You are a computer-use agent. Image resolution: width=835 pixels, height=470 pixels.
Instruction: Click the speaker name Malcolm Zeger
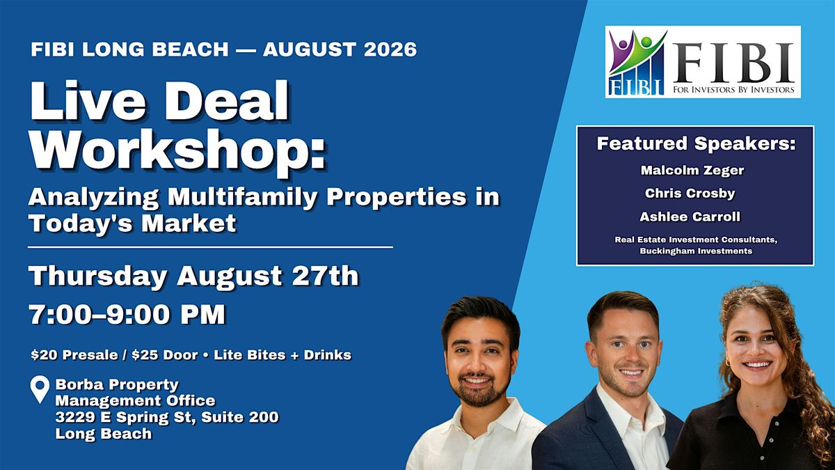click(x=692, y=171)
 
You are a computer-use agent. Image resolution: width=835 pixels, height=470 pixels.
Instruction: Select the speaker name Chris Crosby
click(x=690, y=194)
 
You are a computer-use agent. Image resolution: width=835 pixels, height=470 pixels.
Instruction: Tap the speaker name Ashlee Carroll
click(x=690, y=217)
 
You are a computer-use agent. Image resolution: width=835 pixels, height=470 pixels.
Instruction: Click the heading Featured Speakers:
click(x=696, y=143)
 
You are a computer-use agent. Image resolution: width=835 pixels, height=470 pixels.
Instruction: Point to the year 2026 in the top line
click(x=390, y=49)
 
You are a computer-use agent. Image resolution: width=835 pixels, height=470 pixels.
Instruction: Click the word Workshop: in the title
click(x=178, y=150)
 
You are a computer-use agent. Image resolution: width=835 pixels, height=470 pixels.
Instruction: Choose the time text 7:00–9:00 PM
click(x=127, y=315)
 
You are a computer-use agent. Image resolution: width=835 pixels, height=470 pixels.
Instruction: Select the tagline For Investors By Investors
click(x=733, y=90)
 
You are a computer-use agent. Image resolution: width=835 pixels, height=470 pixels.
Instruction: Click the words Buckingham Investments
click(x=696, y=251)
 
